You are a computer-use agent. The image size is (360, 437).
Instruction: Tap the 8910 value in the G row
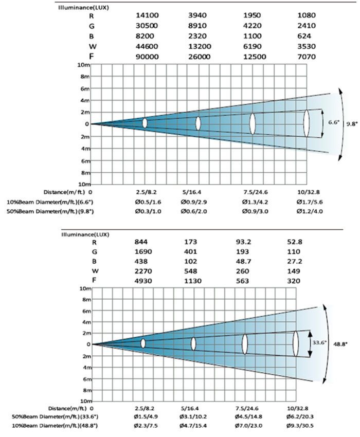[198, 26]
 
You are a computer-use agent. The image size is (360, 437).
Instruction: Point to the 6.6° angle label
[333, 123]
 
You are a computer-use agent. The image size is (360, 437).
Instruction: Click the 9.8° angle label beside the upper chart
[351, 124]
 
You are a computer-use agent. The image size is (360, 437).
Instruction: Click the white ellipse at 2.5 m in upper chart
[145, 123]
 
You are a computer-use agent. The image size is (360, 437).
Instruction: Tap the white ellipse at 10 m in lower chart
[296, 344]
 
